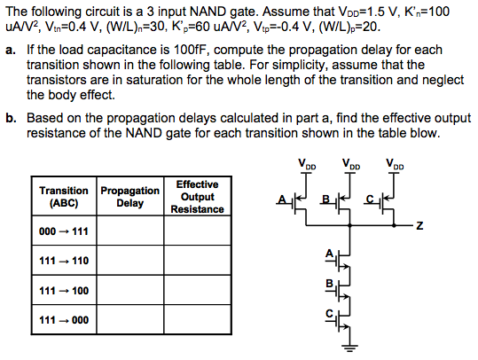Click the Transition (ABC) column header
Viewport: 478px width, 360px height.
point(64,196)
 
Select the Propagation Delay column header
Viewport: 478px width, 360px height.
point(129,196)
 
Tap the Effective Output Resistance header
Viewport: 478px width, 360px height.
point(197,196)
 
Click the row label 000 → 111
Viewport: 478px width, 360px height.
point(64,232)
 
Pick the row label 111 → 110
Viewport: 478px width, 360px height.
point(64,262)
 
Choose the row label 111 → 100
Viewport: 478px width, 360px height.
point(64,290)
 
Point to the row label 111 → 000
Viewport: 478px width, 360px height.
point(64,319)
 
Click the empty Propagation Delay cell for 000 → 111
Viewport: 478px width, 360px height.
point(129,232)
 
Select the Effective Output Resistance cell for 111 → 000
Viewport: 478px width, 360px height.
point(197,319)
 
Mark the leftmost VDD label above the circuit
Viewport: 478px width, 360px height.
point(307,164)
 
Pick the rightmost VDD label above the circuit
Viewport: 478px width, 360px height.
point(395,164)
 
